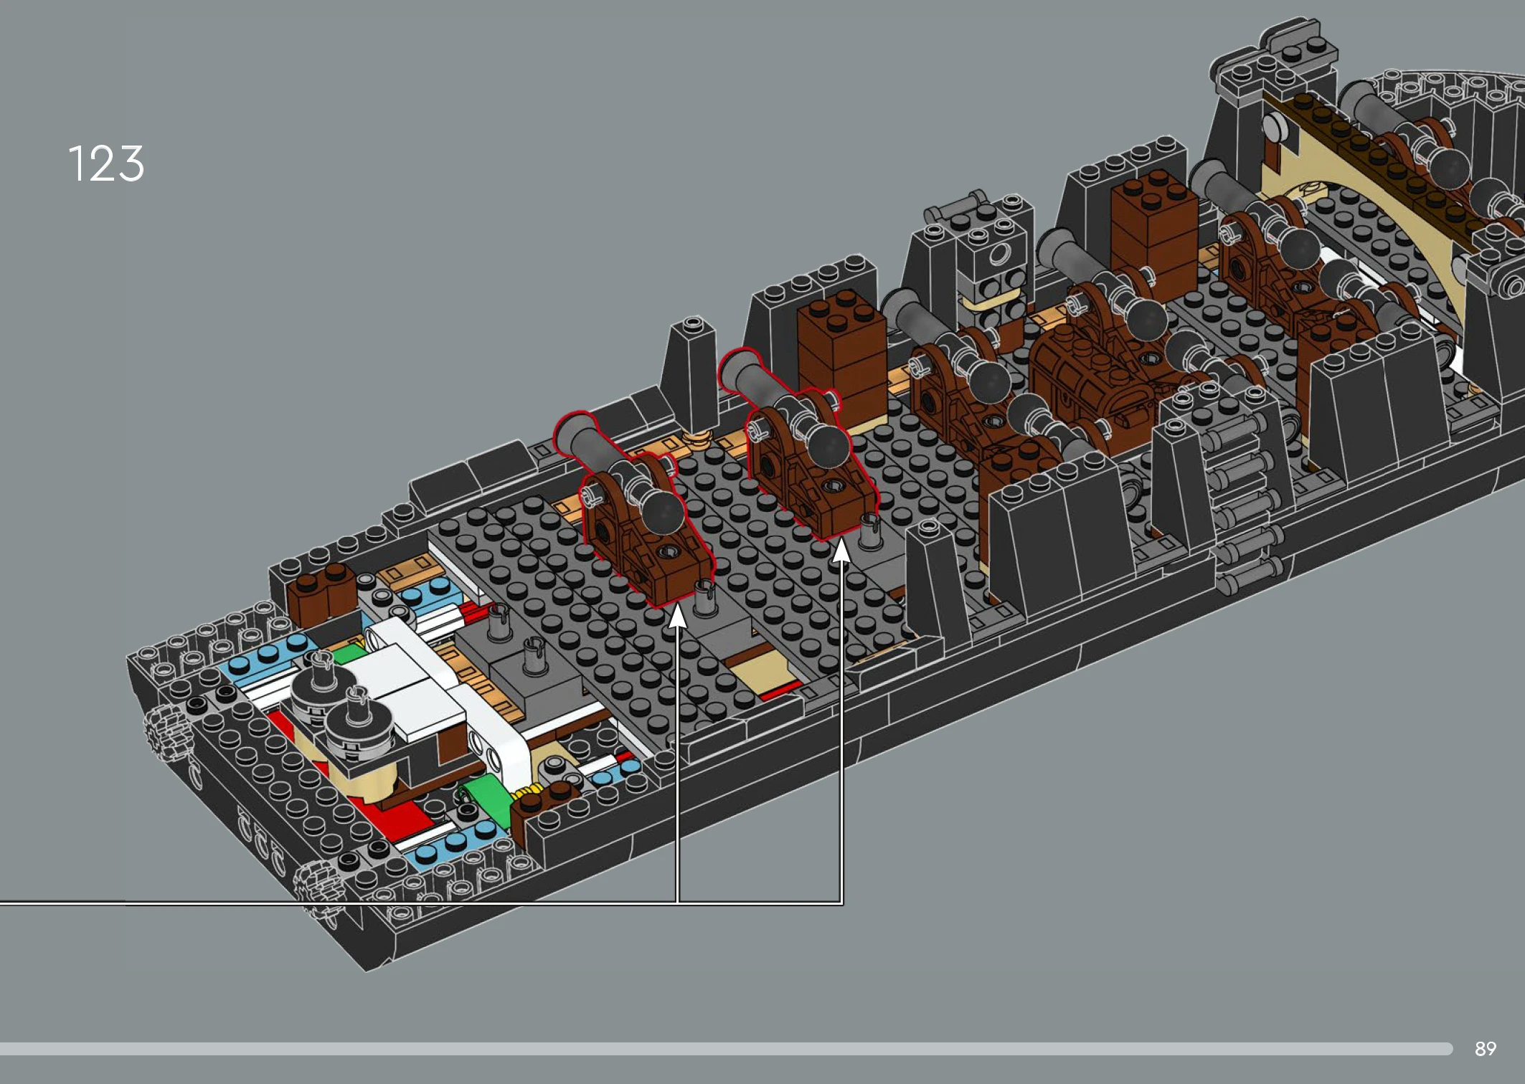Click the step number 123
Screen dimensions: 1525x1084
[x=106, y=163]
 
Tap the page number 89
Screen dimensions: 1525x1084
[x=1485, y=1049]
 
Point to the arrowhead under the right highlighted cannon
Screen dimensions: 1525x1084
[x=841, y=551]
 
